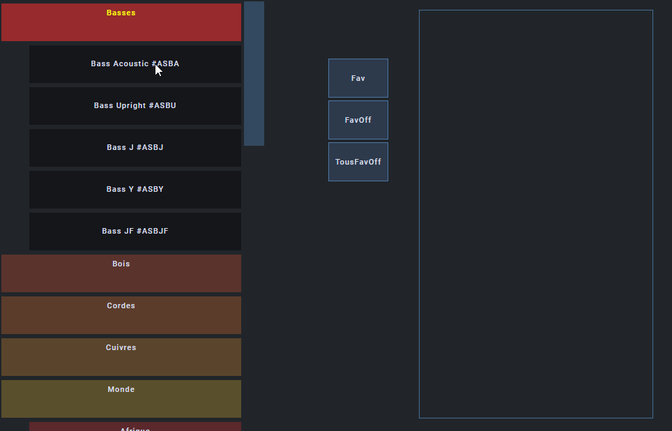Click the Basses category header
[121, 22]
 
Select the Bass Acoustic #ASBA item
[135, 64]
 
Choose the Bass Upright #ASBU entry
[135, 106]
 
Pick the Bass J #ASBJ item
[135, 148]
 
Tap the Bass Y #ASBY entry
[135, 190]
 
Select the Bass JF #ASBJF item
[135, 232]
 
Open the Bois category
[121, 273]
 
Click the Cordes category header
[121, 315]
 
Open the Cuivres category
[121, 356]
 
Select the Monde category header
[121, 398]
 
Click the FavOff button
[358, 120]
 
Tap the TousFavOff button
[358, 162]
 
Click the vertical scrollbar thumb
[254, 73]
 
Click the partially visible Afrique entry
[135, 427]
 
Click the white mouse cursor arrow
[158, 69]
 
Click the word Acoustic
[130, 64]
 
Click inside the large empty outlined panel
[535, 213]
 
